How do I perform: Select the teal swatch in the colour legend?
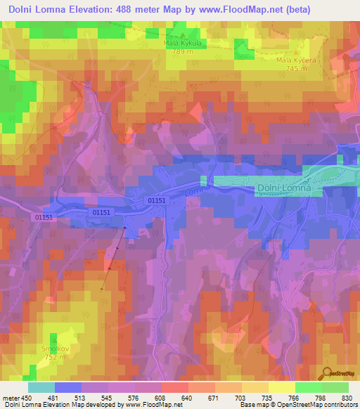[x=41, y=387]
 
